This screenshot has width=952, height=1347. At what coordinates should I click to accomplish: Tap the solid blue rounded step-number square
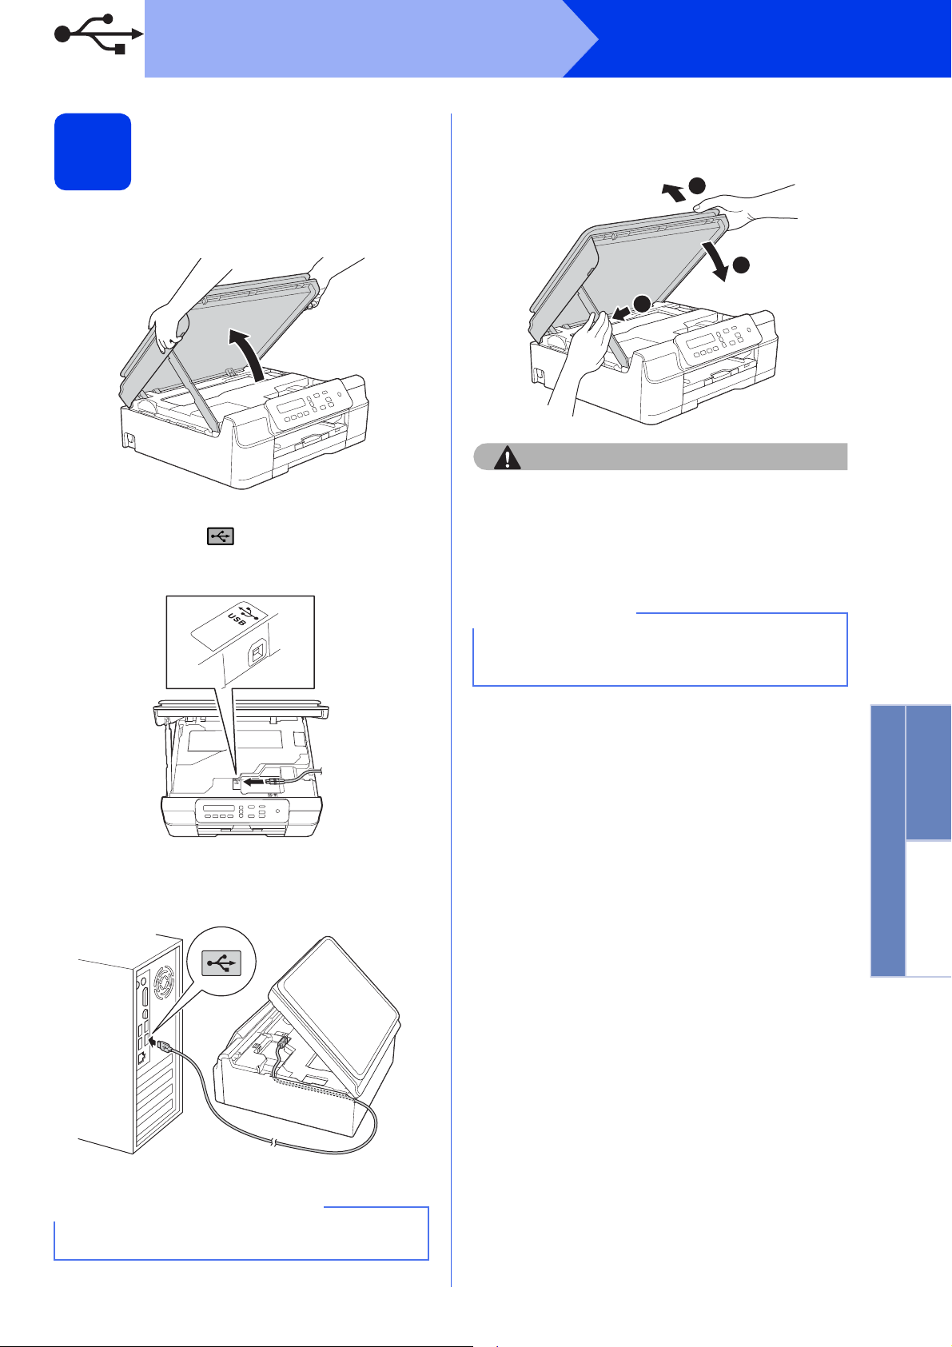[93, 152]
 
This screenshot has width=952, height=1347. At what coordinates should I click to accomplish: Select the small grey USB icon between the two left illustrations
[220, 536]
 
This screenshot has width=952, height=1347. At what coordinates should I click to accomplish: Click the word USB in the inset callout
[237, 618]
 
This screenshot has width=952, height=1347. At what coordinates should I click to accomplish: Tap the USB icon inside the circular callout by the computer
[221, 962]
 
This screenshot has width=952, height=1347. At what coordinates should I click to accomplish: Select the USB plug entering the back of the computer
[164, 1045]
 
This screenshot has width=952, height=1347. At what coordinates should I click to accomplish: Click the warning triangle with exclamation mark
[508, 457]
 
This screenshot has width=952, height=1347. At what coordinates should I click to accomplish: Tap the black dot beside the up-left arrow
[697, 185]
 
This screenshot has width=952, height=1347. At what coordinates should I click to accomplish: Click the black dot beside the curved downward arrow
[741, 265]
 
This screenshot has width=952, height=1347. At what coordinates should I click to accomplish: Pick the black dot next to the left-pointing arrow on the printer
[643, 304]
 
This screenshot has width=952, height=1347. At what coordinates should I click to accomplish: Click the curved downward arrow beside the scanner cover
[717, 261]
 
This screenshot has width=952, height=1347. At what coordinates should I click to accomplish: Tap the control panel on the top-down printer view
[241, 810]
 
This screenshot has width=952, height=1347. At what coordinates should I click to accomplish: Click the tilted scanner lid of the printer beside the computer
[334, 1015]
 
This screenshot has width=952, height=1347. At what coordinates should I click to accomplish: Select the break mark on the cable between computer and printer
[274, 1142]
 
